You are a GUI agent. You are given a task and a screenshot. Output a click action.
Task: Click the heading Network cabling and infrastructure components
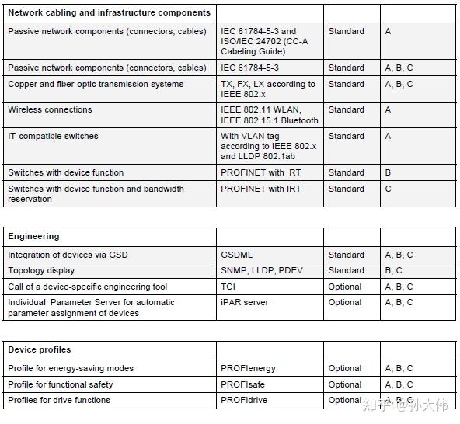click(109, 12)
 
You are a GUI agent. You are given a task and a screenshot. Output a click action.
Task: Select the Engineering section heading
click(33, 236)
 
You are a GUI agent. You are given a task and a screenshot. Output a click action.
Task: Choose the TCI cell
click(229, 287)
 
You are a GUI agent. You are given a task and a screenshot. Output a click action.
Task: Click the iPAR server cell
click(244, 302)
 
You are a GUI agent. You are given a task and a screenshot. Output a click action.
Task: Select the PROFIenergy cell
click(248, 368)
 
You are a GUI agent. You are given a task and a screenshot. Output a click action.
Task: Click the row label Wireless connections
click(50, 109)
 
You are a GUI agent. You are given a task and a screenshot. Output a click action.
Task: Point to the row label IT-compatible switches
click(53, 136)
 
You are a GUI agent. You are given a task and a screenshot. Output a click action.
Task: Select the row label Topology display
click(41, 270)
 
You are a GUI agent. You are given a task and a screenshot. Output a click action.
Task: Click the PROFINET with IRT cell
click(260, 189)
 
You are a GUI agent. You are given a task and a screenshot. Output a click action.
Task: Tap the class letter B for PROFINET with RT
click(388, 172)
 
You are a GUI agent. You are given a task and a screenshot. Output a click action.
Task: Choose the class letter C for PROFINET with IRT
click(389, 189)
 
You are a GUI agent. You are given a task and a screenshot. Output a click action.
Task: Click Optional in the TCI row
click(344, 287)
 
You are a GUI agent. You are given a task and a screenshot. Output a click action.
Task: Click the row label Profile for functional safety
click(60, 384)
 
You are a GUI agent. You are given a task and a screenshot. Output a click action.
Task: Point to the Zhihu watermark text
click(405, 405)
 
